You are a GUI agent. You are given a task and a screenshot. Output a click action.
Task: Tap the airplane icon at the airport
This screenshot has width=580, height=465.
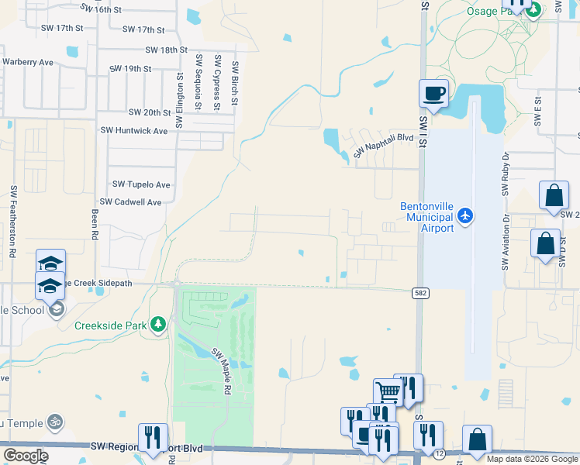pyautogui.click(x=465, y=215)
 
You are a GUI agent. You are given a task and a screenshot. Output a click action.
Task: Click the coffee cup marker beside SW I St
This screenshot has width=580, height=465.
pyautogui.click(x=434, y=95)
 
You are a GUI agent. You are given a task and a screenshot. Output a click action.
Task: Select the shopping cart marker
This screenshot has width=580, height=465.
pyautogui.click(x=387, y=391)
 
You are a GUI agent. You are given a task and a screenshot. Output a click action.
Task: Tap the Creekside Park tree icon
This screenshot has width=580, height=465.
pyautogui.click(x=158, y=324)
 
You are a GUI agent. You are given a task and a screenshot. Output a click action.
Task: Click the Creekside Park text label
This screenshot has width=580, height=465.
pyautogui.click(x=111, y=325)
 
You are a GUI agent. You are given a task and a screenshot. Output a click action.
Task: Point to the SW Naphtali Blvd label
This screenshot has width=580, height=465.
pyautogui.click(x=383, y=144)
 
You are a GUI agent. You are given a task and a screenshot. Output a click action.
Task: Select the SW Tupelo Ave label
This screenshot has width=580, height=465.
pyautogui.click(x=141, y=184)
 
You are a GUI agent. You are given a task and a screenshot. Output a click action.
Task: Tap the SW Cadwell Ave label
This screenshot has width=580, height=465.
pyautogui.click(x=136, y=201)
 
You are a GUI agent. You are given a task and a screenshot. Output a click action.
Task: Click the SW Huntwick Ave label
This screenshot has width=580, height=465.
pyautogui.click(x=134, y=131)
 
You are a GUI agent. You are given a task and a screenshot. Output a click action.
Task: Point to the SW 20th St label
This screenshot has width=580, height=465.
pyautogui.click(x=150, y=112)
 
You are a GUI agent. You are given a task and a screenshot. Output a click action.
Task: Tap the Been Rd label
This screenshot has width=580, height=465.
pyautogui.click(x=95, y=222)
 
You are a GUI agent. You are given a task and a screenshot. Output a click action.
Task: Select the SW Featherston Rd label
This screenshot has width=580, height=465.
pyautogui.click(x=13, y=221)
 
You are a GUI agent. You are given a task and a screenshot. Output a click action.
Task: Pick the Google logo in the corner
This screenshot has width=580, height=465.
pyautogui.click(x=26, y=456)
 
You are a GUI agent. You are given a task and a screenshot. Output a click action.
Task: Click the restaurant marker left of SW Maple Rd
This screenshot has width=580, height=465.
pyautogui.click(x=153, y=438)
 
